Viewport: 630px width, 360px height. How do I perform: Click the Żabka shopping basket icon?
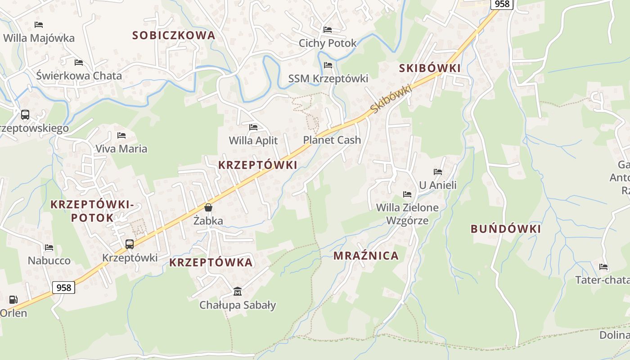click(x=208, y=207)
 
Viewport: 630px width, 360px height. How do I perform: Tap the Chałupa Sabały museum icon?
click(x=238, y=292)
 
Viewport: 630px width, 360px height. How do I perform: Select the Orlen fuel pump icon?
click(x=13, y=300)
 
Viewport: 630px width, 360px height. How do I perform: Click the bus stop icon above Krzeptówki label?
click(x=130, y=244)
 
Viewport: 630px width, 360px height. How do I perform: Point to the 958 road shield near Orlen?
click(x=64, y=287)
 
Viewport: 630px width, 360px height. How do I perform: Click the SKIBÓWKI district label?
click(x=430, y=68)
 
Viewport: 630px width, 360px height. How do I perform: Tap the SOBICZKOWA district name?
click(x=174, y=35)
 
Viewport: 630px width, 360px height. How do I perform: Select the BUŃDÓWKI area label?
click(x=505, y=229)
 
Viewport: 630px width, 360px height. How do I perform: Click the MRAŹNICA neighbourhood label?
click(x=366, y=256)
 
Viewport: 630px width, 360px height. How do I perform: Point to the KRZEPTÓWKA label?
click(x=211, y=263)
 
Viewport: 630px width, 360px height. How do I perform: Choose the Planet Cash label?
click(x=332, y=140)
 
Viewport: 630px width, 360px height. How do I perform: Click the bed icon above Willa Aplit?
click(x=253, y=127)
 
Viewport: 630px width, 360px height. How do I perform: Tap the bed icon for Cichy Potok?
click(x=328, y=30)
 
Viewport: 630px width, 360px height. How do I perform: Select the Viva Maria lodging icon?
click(x=121, y=135)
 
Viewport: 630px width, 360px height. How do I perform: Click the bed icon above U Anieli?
click(x=437, y=171)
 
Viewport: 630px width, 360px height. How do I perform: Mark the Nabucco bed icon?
click(x=49, y=247)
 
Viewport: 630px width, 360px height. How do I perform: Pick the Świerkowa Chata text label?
click(x=79, y=76)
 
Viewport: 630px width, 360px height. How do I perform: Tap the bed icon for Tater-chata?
click(x=603, y=267)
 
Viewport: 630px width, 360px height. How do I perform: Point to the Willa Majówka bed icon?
click(x=39, y=24)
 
